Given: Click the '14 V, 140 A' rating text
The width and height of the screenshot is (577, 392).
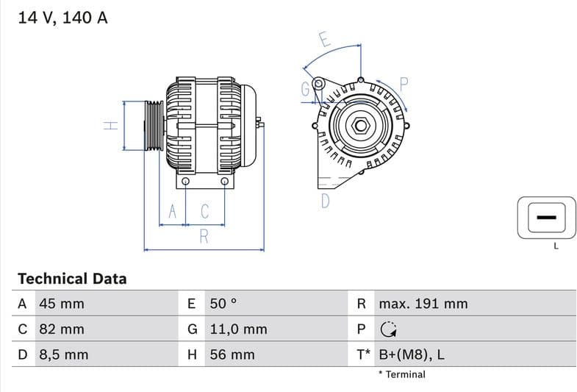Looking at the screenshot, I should (62, 18).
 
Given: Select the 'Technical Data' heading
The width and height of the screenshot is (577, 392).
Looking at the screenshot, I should (72, 279).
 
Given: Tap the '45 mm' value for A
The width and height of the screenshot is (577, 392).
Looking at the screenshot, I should (61, 304).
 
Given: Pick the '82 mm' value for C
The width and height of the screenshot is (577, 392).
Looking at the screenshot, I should (61, 329).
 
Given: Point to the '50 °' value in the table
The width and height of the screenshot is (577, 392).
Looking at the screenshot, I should (224, 304).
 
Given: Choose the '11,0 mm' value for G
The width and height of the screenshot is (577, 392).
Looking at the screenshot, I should (238, 329).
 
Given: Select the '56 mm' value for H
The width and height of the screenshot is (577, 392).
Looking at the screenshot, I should (232, 354).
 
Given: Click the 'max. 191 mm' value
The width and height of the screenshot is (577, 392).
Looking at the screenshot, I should (423, 304).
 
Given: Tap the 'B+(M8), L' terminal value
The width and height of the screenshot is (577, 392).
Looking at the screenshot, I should (411, 354).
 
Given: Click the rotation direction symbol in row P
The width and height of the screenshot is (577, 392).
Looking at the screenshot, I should (388, 329).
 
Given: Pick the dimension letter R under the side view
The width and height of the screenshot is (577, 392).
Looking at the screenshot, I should (204, 236).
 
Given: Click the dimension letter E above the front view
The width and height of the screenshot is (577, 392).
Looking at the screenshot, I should (324, 40).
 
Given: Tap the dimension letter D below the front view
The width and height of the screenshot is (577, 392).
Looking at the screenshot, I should (325, 201).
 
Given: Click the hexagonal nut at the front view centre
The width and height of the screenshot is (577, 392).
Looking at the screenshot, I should (360, 125).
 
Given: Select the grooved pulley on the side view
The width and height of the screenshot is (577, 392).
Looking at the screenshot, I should (154, 126).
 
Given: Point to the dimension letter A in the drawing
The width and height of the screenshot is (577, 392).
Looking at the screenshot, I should (173, 212).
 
